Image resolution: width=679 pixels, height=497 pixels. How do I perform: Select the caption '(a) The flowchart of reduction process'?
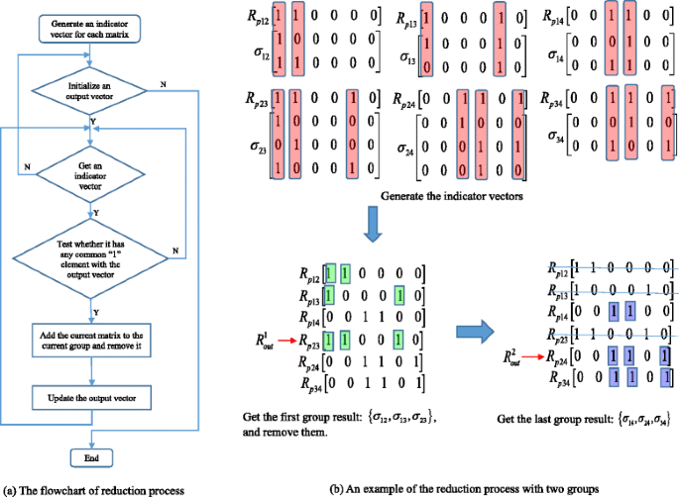tap(94, 488)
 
